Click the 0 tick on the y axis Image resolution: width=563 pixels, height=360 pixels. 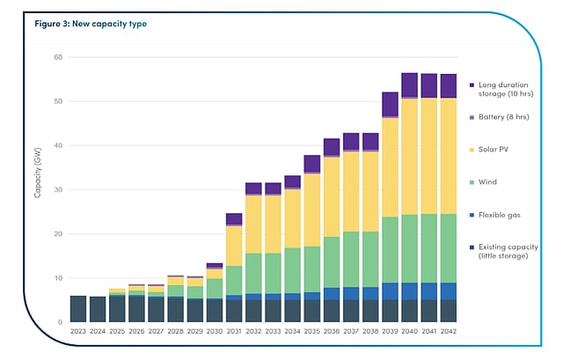pyautogui.click(x=59, y=322)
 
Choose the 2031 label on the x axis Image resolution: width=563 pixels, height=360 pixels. pyautogui.click(x=233, y=332)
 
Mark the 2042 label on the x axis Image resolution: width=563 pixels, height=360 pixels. pyautogui.click(x=449, y=332)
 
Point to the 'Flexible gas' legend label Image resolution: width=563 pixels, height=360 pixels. pyautogui.click(x=503, y=215)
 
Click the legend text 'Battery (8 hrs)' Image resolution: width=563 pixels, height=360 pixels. pyautogui.click(x=507, y=116)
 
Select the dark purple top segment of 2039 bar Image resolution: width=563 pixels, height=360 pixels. pyautogui.click(x=390, y=104)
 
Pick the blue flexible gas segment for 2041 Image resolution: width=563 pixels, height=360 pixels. pyautogui.click(x=428, y=291)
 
